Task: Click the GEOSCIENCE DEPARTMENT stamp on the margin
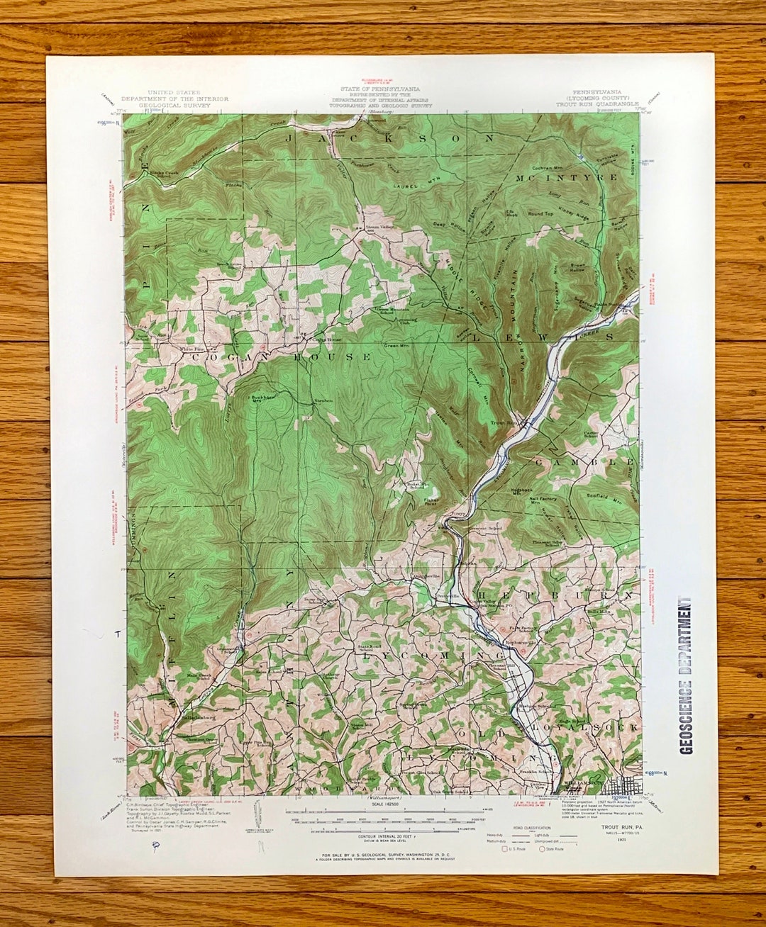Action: point(686,675)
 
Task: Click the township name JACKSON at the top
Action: point(389,140)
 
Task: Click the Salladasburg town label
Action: point(187,717)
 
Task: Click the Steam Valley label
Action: point(378,227)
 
